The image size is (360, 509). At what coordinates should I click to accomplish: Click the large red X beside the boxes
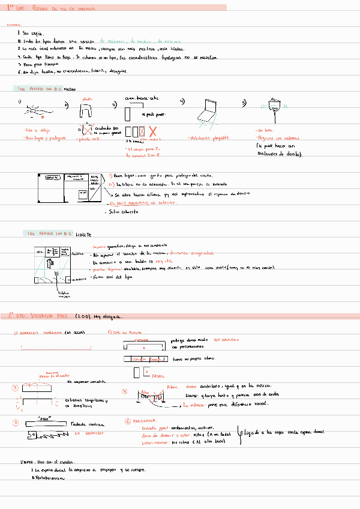(152, 131)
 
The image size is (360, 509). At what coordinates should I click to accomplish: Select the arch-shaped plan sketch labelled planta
(86, 110)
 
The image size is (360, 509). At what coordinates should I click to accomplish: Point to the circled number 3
(16, 387)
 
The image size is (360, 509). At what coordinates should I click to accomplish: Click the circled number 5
(16, 423)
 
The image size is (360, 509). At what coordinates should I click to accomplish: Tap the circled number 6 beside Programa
(127, 421)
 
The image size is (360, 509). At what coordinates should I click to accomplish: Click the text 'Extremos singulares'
(85, 400)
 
